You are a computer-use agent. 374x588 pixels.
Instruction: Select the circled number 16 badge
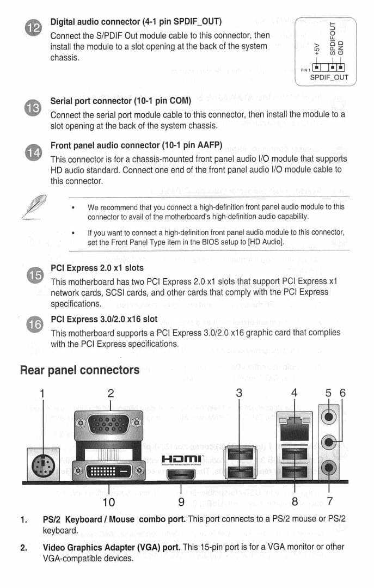click(x=34, y=325)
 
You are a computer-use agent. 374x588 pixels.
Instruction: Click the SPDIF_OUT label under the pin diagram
click(x=329, y=77)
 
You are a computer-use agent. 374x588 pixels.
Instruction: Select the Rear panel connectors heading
click(x=79, y=370)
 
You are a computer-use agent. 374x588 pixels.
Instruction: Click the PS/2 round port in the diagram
click(x=42, y=465)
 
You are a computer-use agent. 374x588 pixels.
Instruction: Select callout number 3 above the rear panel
click(x=239, y=393)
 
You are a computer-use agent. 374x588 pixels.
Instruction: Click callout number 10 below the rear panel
click(x=109, y=501)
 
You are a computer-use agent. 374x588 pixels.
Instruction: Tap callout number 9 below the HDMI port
click(x=181, y=501)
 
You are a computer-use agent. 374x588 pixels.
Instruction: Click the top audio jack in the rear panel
click(x=329, y=416)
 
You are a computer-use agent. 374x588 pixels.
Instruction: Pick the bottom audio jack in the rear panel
click(x=329, y=467)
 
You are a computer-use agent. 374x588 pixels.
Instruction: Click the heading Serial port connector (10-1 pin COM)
click(x=120, y=101)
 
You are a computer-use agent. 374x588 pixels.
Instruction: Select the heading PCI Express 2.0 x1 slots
click(x=97, y=268)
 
